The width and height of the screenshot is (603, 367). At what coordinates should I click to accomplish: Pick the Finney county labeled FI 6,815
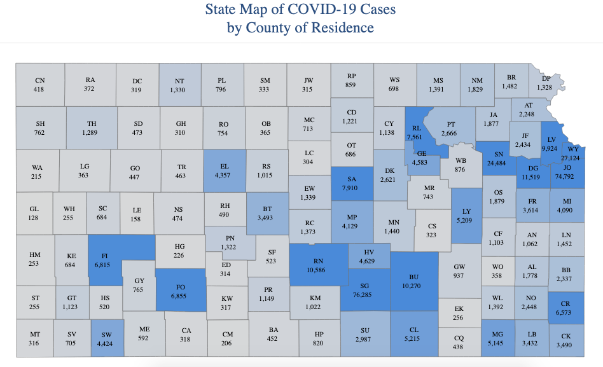pos(105,260)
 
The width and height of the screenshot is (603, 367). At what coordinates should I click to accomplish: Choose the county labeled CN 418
pos(39,85)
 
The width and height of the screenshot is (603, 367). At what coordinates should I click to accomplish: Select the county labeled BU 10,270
pos(415,282)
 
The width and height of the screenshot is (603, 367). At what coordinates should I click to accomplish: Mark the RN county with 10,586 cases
pos(319,265)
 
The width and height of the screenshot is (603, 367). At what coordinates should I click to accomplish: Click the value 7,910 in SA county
pos(351,188)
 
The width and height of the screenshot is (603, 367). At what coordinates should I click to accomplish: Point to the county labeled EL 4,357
pos(224,170)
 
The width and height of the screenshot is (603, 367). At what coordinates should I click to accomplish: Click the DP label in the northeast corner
pos(546,79)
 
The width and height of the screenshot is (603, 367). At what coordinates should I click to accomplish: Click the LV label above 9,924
pos(551,139)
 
